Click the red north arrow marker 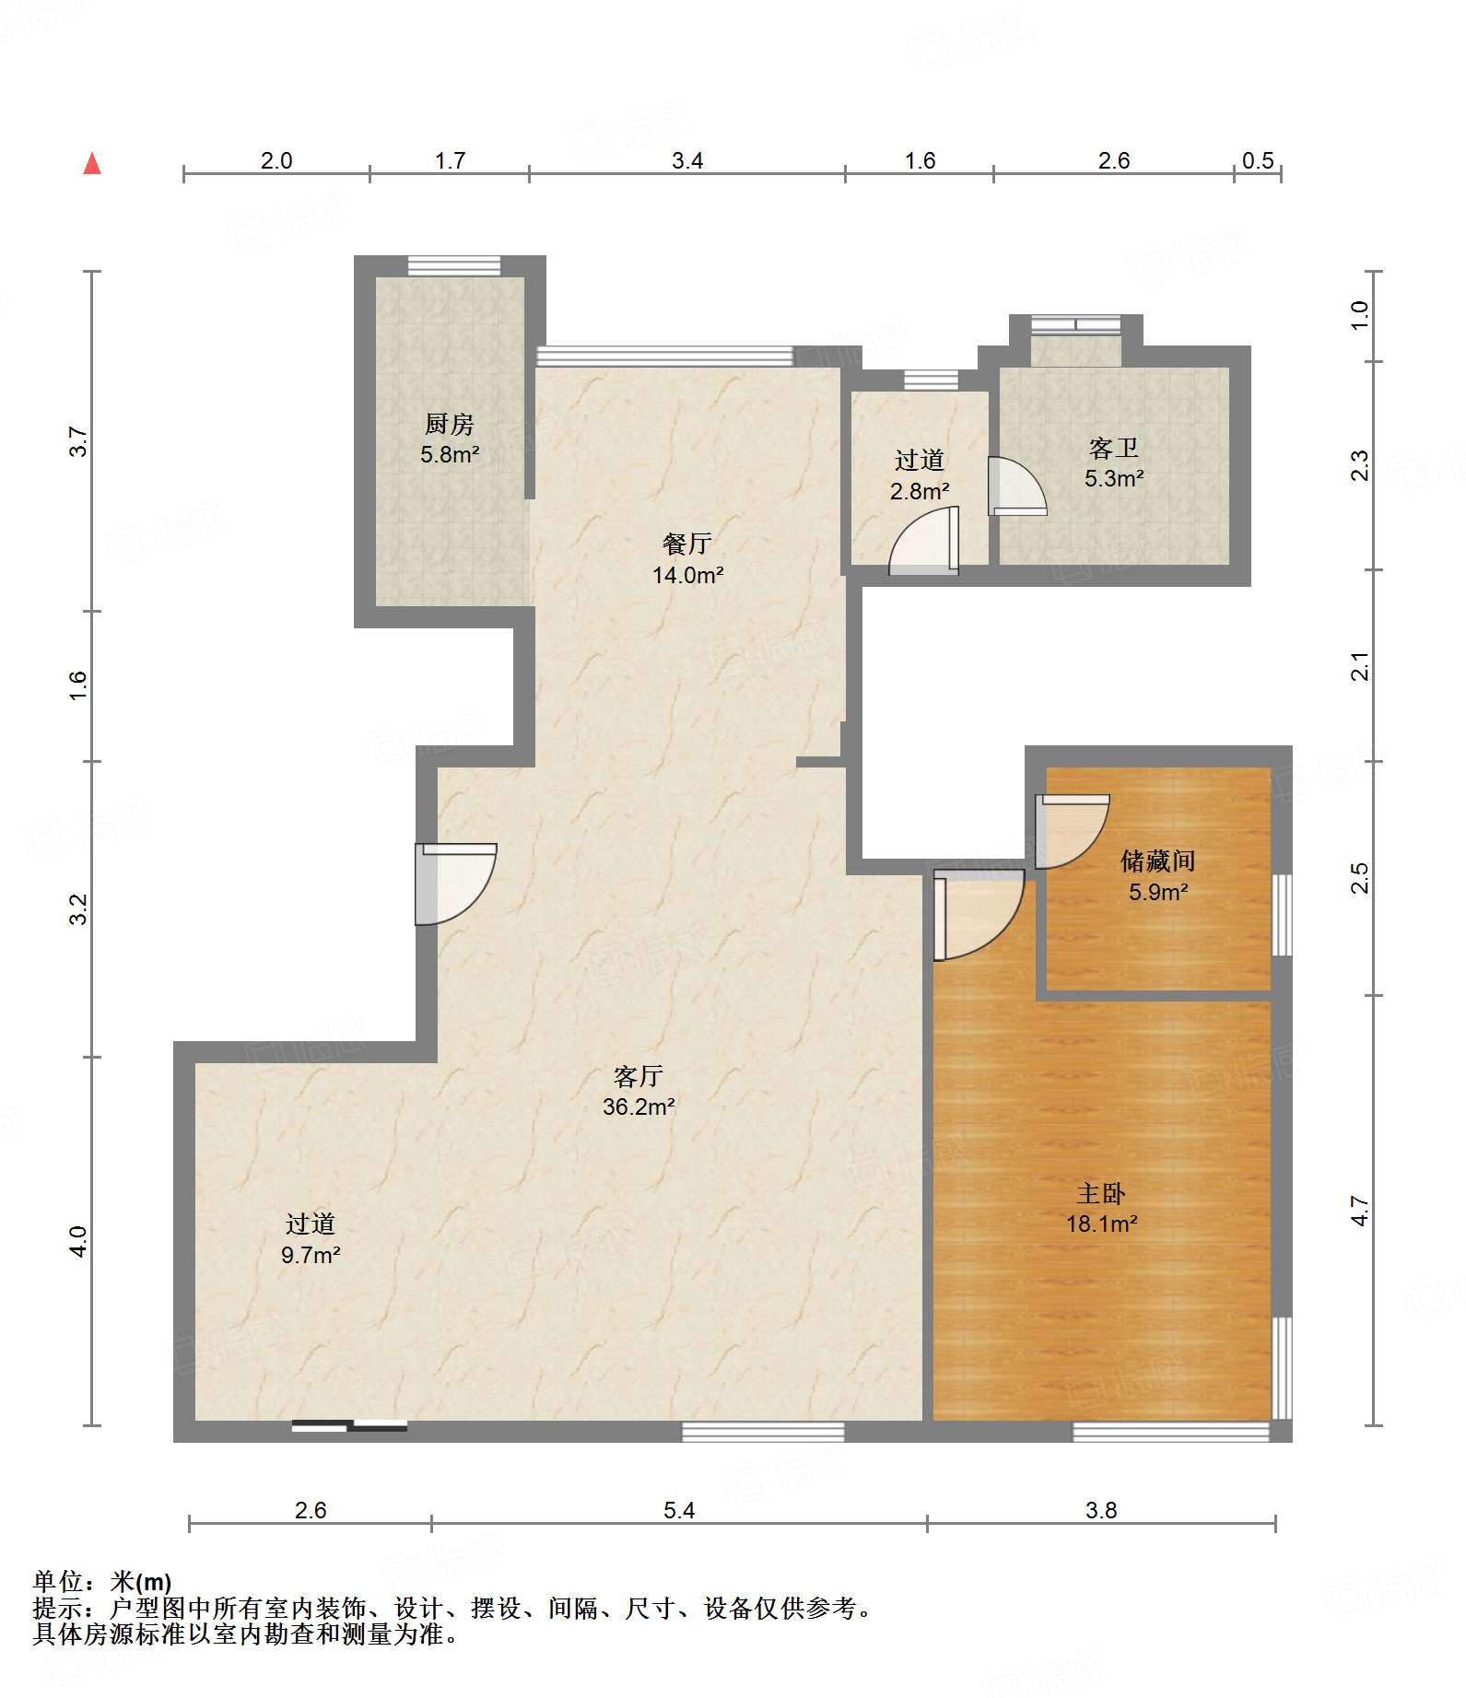(92, 164)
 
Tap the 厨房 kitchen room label (450, 424)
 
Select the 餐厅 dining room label (687, 544)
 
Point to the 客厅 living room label (639, 1076)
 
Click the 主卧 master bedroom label (1101, 1193)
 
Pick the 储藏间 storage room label (1158, 861)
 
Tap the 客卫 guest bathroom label (1114, 448)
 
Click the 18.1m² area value (1102, 1224)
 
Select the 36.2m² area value (639, 1107)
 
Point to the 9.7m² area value (311, 1255)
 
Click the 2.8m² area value (920, 491)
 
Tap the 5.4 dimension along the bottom (679, 1510)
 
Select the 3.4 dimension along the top (687, 160)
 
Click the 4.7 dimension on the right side (1360, 1210)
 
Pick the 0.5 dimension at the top (1258, 160)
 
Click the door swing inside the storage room (1071, 831)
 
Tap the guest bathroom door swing (1017, 486)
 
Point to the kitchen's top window (454, 265)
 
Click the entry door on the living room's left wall (455, 884)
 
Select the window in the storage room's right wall (1282, 915)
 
